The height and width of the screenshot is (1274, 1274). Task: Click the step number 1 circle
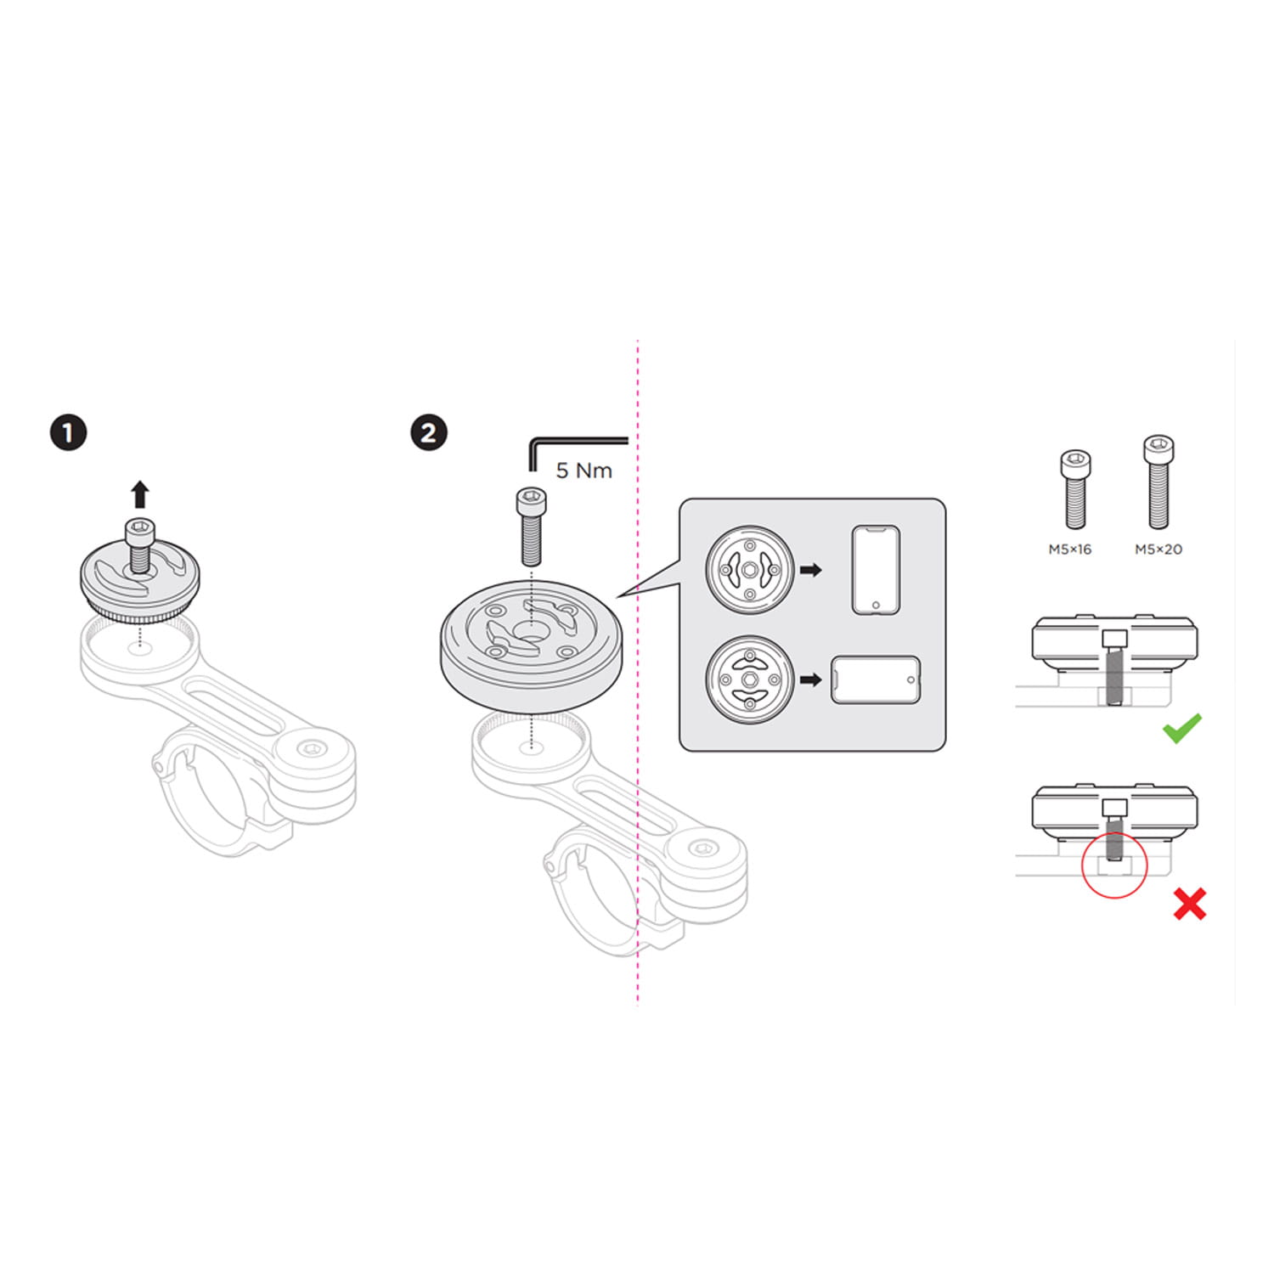[68, 432]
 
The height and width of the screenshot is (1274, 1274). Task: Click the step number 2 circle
[428, 432]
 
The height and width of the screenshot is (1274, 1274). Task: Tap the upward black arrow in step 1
[140, 494]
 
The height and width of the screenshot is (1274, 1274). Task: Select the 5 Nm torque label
[583, 471]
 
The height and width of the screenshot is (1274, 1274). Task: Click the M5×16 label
[1069, 550]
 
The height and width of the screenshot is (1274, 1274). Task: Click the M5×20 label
[1158, 550]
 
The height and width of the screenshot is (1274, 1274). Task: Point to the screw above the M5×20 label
[1158, 482]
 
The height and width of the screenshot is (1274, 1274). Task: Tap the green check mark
[1182, 728]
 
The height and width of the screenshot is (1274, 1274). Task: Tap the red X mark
[1189, 904]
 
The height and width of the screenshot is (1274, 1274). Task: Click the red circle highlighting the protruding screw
[1114, 865]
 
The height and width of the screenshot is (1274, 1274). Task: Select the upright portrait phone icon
[875, 570]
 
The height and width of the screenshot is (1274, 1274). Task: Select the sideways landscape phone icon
[875, 679]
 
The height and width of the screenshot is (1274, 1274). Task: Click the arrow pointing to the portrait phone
[811, 570]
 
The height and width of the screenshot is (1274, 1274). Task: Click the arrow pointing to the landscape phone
[811, 679]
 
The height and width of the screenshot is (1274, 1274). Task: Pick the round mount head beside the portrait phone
[749, 570]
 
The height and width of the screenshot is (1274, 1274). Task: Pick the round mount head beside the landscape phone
[749, 679]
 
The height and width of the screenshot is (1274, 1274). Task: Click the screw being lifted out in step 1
[139, 544]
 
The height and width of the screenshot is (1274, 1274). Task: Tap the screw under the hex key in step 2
[531, 527]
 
